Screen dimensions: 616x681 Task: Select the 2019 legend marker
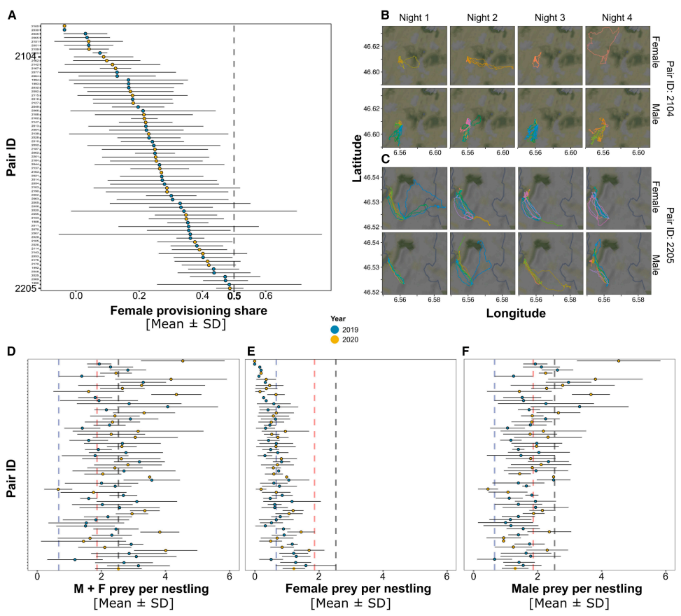[x=336, y=330]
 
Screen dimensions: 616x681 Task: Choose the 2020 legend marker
[x=336, y=339]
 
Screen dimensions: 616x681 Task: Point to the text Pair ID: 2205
[x=668, y=232]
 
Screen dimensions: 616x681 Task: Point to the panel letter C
[x=384, y=159]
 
